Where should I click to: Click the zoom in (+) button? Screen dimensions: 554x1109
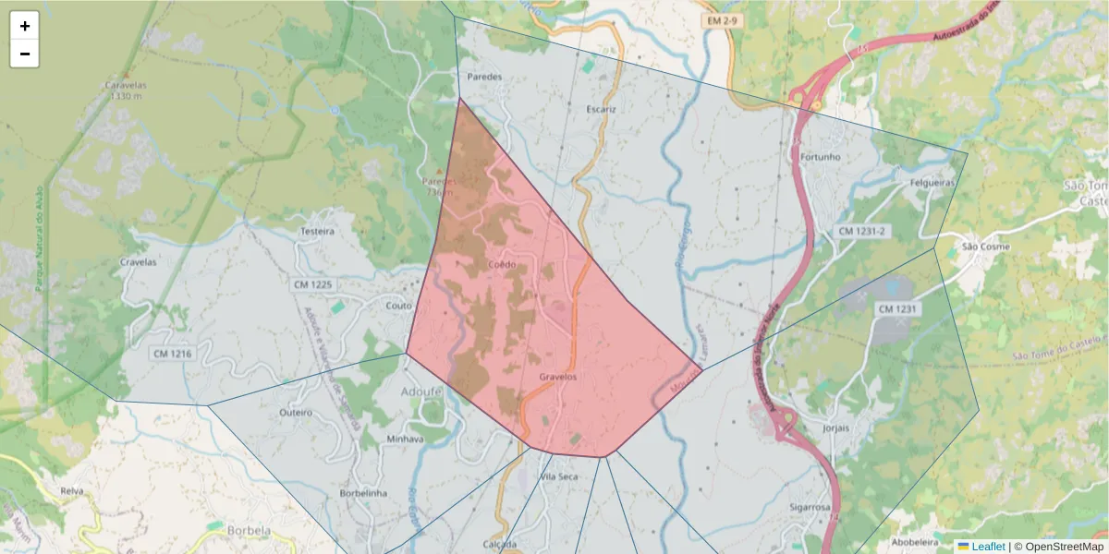click(x=25, y=26)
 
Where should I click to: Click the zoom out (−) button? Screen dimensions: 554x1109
click(x=25, y=54)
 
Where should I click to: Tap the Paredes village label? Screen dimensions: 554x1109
click(x=485, y=77)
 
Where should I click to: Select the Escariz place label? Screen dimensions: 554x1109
click(x=601, y=109)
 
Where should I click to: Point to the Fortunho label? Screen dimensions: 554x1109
click(x=821, y=157)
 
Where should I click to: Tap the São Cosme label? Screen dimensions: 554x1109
click(x=986, y=247)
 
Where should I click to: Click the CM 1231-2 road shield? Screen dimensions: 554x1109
click(x=861, y=231)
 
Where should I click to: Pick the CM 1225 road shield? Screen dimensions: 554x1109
click(x=312, y=284)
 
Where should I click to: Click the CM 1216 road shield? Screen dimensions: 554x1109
click(x=172, y=353)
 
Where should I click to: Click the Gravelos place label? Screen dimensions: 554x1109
click(x=558, y=378)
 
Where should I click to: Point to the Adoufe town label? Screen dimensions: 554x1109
click(x=421, y=391)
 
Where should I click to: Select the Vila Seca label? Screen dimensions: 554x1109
click(x=559, y=476)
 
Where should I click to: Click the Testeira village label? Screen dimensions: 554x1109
click(x=317, y=231)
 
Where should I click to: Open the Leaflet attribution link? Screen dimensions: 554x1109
click(x=987, y=547)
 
